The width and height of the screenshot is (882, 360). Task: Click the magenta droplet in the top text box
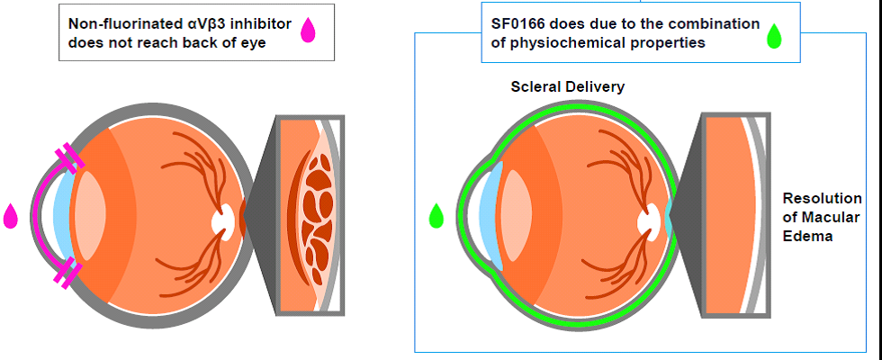click(x=308, y=31)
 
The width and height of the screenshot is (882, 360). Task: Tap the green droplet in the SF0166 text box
click(x=772, y=36)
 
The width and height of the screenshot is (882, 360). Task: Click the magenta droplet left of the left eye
click(x=12, y=216)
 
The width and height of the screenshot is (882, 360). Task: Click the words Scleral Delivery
click(x=567, y=87)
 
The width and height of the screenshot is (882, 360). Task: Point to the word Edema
click(x=808, y=237)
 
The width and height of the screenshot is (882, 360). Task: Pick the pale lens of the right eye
click(x=516, y=216)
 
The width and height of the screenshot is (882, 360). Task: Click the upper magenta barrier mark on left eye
click(x=68, y=159)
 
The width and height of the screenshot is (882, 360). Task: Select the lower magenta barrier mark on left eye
click(x=68, y=274)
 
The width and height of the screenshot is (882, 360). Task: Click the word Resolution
click(x=822, y=199)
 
